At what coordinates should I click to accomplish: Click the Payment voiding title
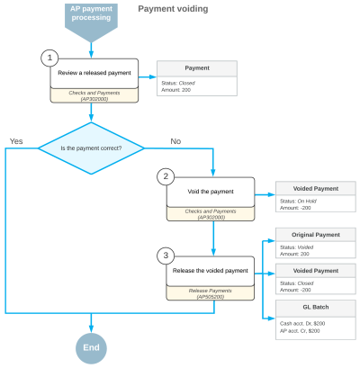click(x=173, y=9)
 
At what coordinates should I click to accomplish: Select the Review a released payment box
click(x=94, y=73)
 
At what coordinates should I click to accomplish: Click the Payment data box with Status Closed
click(x=196, y=79)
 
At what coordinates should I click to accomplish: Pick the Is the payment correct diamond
click(x=90, y=147)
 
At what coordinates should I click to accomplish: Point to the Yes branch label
click(x=16, y=142)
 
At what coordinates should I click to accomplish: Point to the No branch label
click(x=175, y=141)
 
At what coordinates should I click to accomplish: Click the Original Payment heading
click(x=314, y=235)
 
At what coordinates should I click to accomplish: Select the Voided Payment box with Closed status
click(x=314, y=279)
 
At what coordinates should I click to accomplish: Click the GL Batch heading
click(x=314, y=306)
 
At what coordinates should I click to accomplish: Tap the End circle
click(x=90, y=346)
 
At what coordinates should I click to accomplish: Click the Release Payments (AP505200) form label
click(x=210, y=293)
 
